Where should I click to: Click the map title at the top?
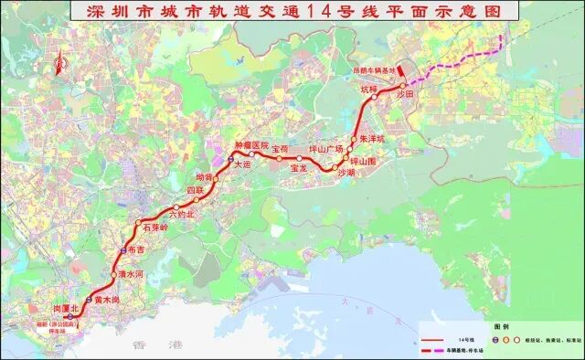(292, 13)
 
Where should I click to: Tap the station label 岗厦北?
(68, 309)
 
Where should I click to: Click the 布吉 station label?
(136, 248)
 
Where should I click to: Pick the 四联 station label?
(196, 189)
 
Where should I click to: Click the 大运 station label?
(241, 165)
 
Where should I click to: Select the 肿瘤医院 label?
(251, 145)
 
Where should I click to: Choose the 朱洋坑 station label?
(373, 138)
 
